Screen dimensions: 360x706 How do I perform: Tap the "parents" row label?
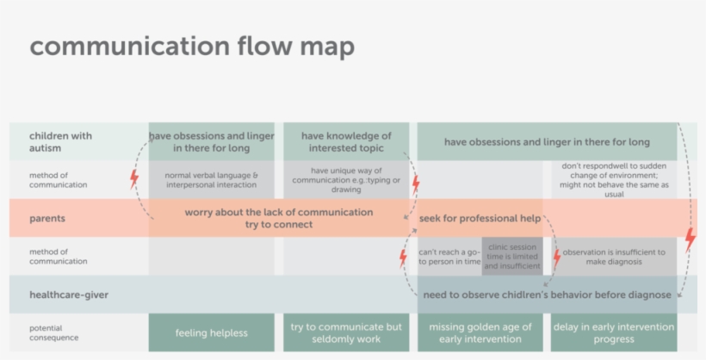(x=47, y=219)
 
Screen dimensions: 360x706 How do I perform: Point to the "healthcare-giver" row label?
(x=69, y=295)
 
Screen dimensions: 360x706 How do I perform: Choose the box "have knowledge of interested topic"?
(x=346, y=141)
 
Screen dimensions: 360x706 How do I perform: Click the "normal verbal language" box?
(x=211, y=180)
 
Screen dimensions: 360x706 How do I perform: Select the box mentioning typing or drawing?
(x=346, y=180)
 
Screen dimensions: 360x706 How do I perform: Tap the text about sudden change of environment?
(x=614, y=180)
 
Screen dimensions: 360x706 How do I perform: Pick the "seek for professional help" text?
(x=480, y=219)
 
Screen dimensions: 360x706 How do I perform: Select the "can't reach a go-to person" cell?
(x=449, y=257)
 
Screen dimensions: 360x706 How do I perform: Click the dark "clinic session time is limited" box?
(x=511, y=257)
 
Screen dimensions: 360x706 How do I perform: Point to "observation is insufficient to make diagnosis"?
(x=614, y=257)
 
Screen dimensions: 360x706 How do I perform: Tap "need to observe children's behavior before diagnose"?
(x=547, y=295)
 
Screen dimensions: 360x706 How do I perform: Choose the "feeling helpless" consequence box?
(x=211, y=332)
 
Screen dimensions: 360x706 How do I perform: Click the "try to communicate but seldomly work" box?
(x=346, y=332)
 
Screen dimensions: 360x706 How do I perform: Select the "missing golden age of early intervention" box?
(x=480, y=332)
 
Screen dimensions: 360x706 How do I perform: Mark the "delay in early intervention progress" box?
(x=614, y=332)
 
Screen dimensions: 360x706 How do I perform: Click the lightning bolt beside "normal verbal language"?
(x=133, y=180)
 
